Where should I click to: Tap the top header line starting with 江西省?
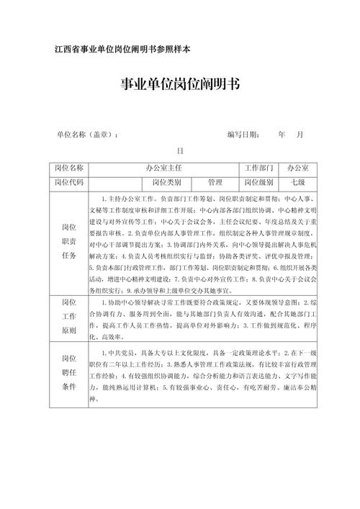coord(122,49)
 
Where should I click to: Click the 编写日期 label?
coord(243,135)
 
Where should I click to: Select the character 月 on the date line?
coord(300,135)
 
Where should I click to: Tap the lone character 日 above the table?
coord(181,152)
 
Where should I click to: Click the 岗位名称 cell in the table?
coord(69,168)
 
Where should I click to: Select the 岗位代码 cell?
coord(69,182)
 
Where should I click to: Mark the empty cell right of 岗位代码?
coord(115,182)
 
